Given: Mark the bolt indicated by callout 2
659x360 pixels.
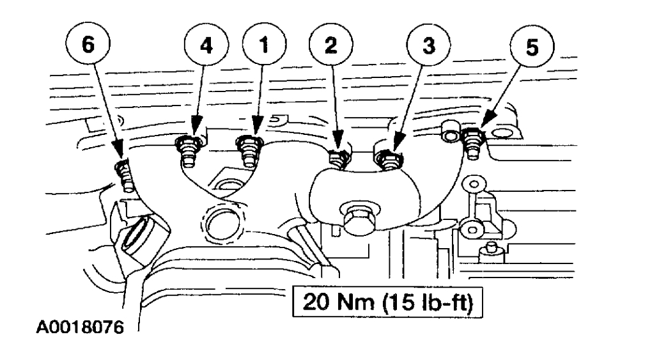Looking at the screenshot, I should coord(337,157).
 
